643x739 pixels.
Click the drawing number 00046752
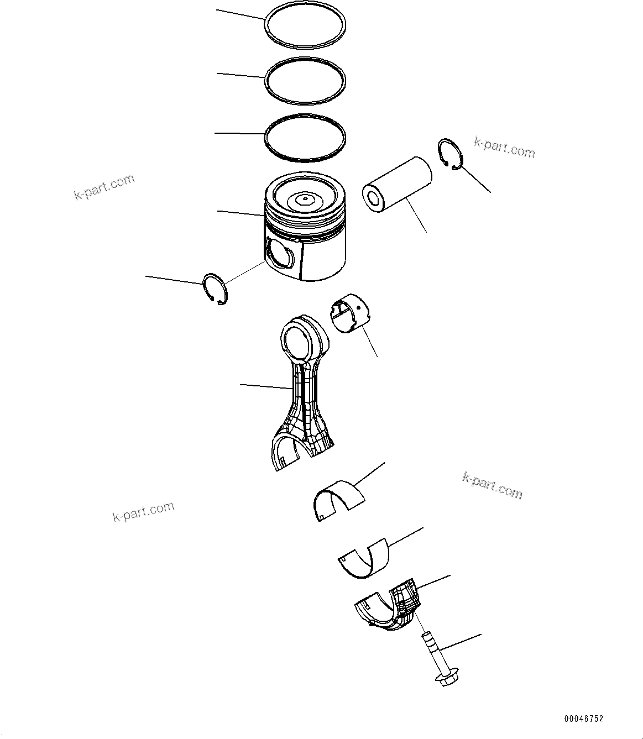583,719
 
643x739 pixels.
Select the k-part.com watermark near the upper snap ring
504,148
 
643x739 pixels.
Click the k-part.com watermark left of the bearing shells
143,511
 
